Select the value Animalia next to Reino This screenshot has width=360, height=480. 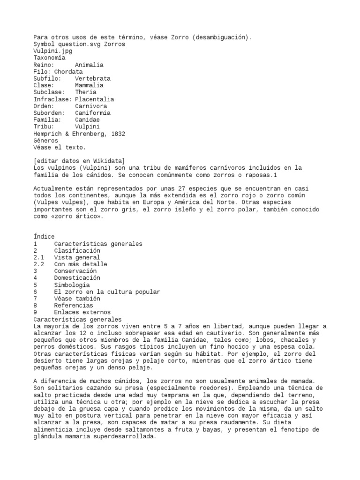point(89,65)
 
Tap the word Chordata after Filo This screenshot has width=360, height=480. point(68,72)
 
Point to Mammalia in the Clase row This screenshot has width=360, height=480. point(89,85)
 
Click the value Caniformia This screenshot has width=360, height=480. point(93,113)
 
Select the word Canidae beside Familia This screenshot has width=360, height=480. point(87,120)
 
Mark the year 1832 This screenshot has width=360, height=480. point(116,134)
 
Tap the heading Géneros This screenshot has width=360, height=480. point(46,141)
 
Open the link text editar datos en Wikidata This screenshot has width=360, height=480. point(79,161)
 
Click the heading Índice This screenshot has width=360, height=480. point(44,237)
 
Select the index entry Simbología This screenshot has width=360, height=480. point(72,285)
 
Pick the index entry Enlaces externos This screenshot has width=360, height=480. point(82,312)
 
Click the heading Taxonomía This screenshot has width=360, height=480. point(49,58)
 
